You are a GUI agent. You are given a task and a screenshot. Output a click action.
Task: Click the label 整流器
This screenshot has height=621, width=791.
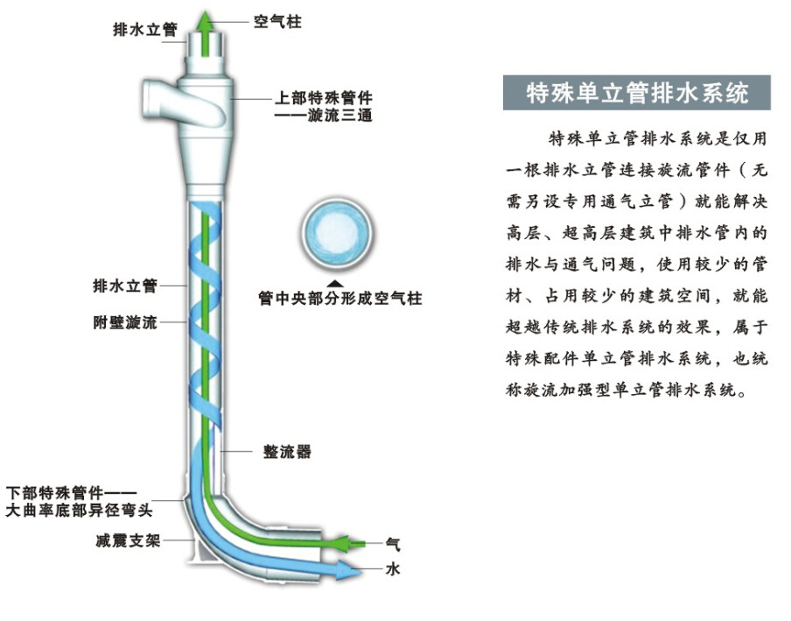287,452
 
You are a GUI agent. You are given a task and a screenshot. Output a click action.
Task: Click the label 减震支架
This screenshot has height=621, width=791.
127,540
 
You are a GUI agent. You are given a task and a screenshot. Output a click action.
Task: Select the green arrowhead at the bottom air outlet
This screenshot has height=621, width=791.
352,543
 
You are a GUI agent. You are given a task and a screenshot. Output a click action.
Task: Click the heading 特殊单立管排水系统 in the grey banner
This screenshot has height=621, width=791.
637,93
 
